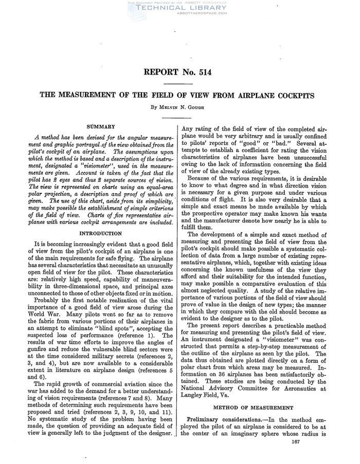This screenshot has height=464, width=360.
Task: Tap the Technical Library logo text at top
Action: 179,9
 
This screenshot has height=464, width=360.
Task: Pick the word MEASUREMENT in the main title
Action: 85,96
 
